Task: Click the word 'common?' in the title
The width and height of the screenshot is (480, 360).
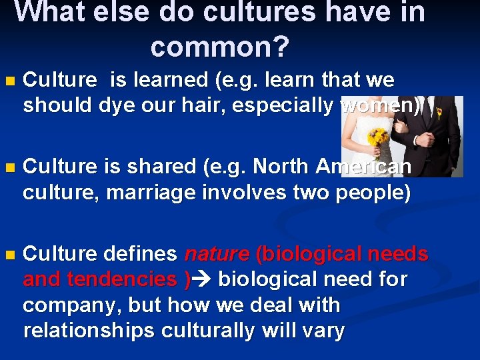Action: (220, 47)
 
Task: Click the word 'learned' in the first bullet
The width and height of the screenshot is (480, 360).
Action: (170, 80)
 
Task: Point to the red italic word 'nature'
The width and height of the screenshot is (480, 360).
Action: (216, 254)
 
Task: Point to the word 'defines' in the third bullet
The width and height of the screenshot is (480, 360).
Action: (139, 254)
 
